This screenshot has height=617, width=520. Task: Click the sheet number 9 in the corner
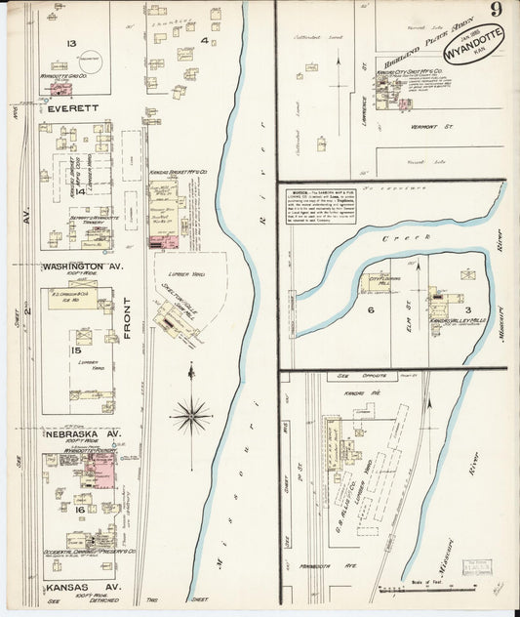click(498, 12)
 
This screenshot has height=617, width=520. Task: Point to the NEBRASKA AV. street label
click(82, 433)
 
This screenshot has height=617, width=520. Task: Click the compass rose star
click(191, 415)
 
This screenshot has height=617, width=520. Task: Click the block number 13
click(71, 44)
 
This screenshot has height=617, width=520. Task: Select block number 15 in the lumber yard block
click(75, 350)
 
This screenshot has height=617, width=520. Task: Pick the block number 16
click(79, 510)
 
